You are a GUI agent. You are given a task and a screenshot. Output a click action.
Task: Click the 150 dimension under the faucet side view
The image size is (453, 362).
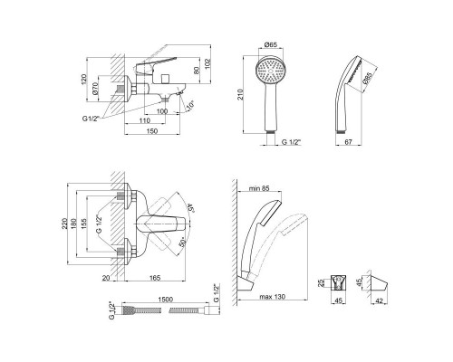click(152, 131)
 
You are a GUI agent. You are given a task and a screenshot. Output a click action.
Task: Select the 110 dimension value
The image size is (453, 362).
click(145, 120)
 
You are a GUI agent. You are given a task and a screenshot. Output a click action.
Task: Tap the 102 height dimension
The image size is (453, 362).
click(207, 63)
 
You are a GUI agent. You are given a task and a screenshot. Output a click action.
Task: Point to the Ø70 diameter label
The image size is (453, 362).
click(95, 88)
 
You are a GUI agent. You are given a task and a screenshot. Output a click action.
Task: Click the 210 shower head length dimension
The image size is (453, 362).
click(240, 95)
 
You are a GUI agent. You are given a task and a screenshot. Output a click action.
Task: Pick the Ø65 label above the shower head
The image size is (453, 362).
click(271, 44)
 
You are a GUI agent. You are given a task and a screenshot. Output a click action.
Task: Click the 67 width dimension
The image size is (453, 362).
click(349, 142)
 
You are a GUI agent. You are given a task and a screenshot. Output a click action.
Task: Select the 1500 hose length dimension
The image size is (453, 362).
click(166, 300)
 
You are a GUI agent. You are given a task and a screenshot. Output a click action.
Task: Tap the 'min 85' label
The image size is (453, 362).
click(259, 188)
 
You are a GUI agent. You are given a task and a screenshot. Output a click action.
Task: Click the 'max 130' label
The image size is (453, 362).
click(272, 297)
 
